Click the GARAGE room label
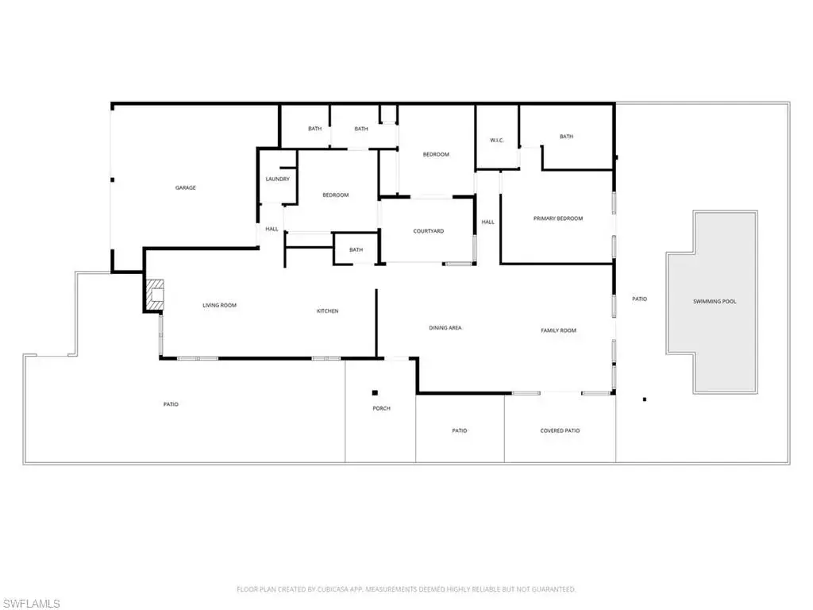pyautogui.click(x=186, y=187)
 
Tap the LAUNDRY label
pyautogui.click(x=277, y=179)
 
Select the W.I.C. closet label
pyautogui.click(x=497, y=140)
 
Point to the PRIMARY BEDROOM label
pyautogui.click(x=558, y=218)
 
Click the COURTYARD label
pyautogui.click(x=428, y=231)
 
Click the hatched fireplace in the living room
pyautogui.click(x=155, y=295)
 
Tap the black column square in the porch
pyautogui.click(x=375, y=392)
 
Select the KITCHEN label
pyautogui.click(x=328, y=311)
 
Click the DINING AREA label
pyautogui.click(x=445, y=328)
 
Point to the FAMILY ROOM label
pyautogui.click(x=558, y=330)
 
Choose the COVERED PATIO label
pyautogui.click(x=560, y=430)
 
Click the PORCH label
pyautogui.click(x=381, y=408)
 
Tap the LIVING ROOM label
pyautogui.click(x=219, y=305)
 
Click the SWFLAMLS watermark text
pyautogui.click(x=30, y=604)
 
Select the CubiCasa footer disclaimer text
pyautogui.click(x=406, y=589)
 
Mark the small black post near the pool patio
pyautogui.click(x=645, y=400)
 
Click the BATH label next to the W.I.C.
pyautogui.click(x=566, y=137)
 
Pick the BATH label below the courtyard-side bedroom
pyautogui.click(x=356, y=249)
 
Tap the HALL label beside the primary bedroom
pyautogui.click(x=488, y=222)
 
